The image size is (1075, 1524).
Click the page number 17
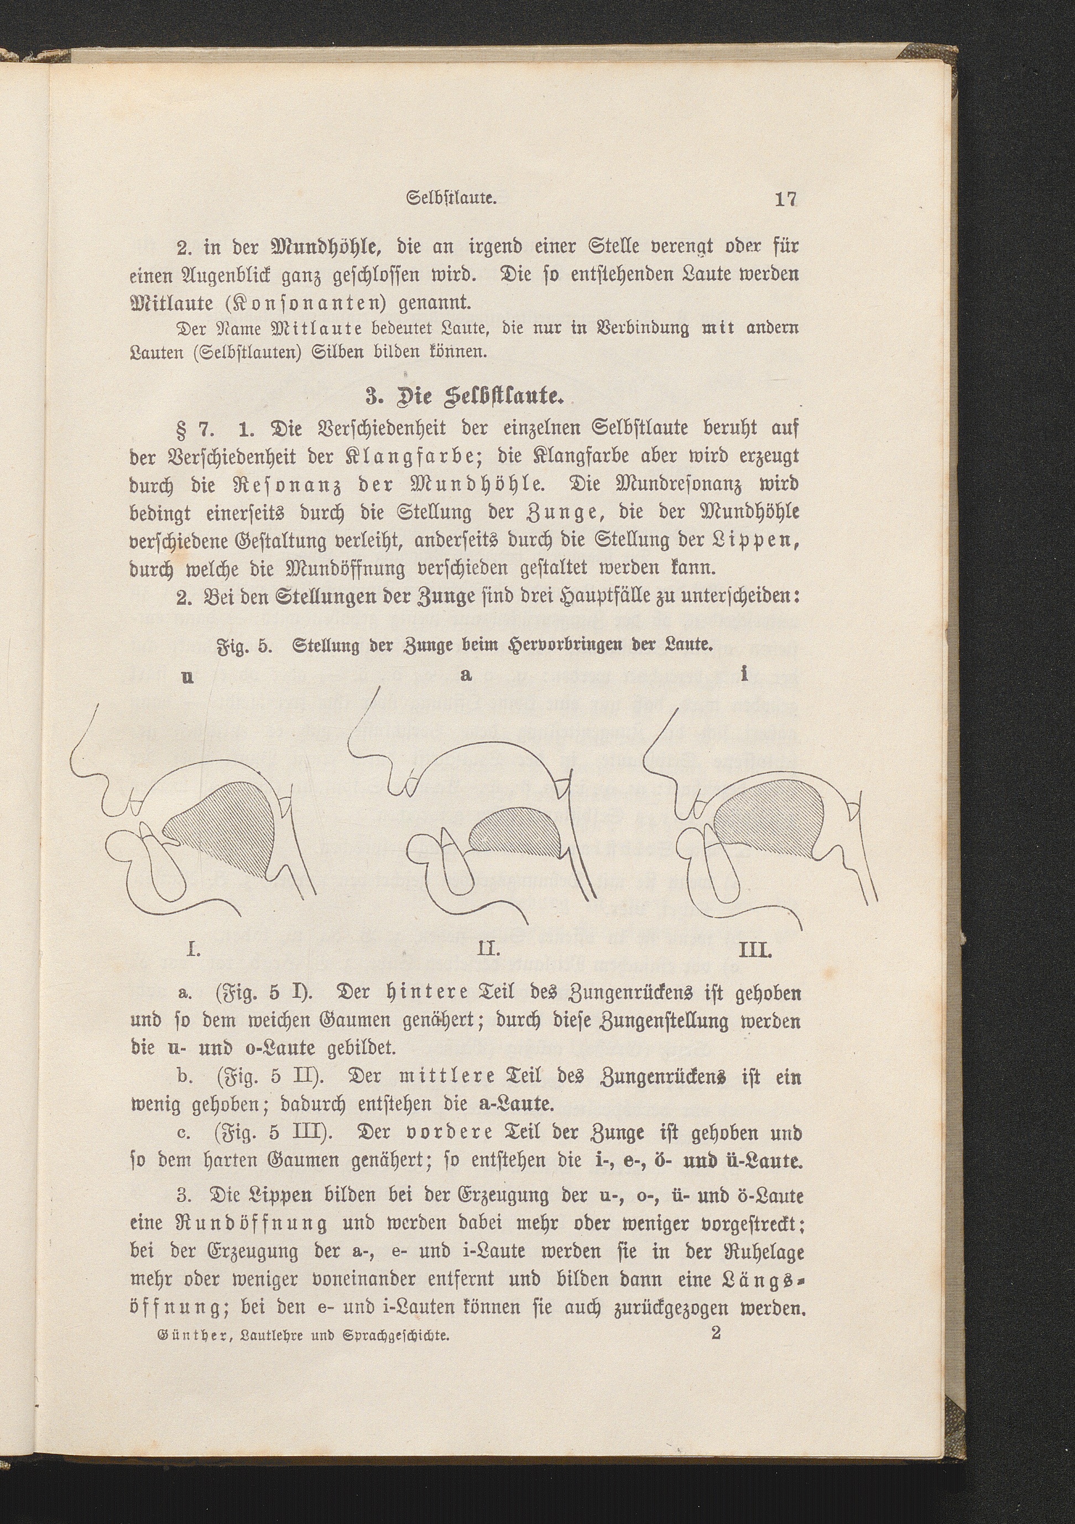click(785, 199)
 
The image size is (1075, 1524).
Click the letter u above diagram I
click(188, 678)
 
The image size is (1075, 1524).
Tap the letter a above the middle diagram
click(467, 675)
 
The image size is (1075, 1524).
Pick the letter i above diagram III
click(745, 674)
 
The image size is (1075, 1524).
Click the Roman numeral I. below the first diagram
click(193, 951)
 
